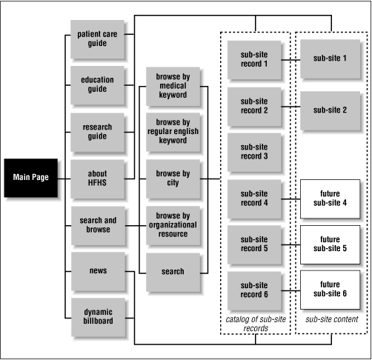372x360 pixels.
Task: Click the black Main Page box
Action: (30, 178)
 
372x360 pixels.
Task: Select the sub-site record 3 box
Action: (254, 151)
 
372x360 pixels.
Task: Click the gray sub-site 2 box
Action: (331, 110)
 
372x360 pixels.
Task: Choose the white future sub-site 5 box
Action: (331, 244)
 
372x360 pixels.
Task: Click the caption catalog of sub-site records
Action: (254, 324)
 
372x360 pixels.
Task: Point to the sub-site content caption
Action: (331, 319)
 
